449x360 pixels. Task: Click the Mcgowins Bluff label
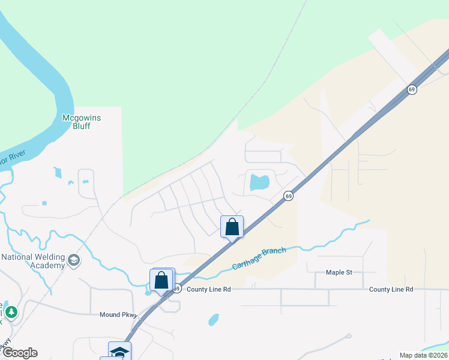[x=82, y=122]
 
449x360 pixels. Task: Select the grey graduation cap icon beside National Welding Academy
[x=74, y=260]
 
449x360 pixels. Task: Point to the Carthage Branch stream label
[x=259, y=258]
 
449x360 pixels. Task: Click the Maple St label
[x=339, y=272]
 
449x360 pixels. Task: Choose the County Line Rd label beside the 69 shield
[x=209, y=289]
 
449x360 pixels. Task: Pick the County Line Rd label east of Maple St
[x=391, y=289]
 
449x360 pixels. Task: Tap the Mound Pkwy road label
[x=119, y=314]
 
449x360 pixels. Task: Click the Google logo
[x=19, y=353]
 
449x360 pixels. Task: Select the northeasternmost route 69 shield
[x=411, y=89]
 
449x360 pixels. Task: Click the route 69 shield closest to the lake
[x=289, y=196]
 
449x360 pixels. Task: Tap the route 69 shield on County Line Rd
[x=176, y=289]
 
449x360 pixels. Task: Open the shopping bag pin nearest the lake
[x=232, y=227]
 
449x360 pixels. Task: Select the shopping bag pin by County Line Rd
[x=161, y=280]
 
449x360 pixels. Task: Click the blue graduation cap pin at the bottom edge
[x=119, y=352]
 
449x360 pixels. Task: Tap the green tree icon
[x=11, y=312]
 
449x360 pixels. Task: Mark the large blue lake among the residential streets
[x=259, y=182]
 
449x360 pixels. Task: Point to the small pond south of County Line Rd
[x=214, y=319]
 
